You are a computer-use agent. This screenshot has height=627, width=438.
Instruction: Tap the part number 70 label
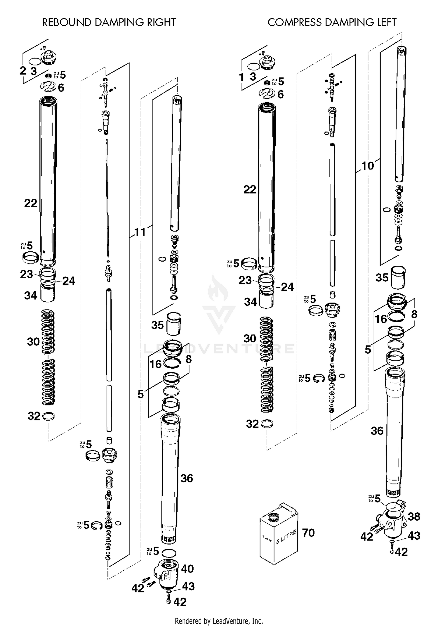(308, 533)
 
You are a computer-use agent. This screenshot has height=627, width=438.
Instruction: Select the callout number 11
(140, 232)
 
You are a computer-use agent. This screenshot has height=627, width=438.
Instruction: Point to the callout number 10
(368, 166)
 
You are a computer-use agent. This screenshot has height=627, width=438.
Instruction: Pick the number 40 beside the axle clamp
(187, 569)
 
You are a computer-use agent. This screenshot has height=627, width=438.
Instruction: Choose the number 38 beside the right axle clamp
(414, 517)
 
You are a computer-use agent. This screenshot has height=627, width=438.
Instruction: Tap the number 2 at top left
(23, 70)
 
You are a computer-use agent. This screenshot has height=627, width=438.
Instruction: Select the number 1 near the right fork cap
(241, 77)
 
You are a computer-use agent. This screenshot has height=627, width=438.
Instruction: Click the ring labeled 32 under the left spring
(48, 416)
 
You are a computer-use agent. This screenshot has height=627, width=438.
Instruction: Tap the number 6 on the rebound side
(61, 88)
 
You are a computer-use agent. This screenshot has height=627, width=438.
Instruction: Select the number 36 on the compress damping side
(377, 431)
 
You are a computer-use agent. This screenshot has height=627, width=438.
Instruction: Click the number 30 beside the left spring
(33, 341)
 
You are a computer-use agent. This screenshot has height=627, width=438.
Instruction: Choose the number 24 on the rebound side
(69, 281)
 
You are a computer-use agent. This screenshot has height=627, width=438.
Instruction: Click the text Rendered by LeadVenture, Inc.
(219, 621)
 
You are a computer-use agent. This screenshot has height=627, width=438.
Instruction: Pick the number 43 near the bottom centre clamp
(188, 586)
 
